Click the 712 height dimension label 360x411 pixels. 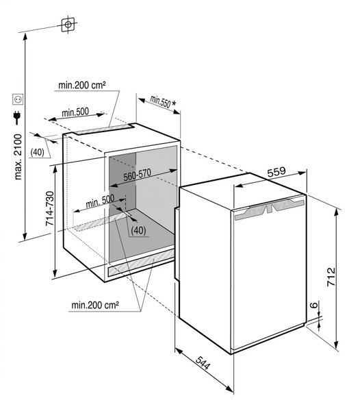pyautogui.click(x=331, y=277)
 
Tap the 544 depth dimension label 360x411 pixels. pyautogui.click(x=203, y=363)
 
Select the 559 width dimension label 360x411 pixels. pyautogui.click(x=277, y=172)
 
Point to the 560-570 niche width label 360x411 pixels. pyautogui.click(x=137, y=175)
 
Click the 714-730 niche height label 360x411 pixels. pyautogui.click(x=49, y=208)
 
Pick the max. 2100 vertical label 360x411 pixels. pyautogui.click(x=18, y=157)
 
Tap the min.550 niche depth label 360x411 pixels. pyautogui.click(x=160, y=101)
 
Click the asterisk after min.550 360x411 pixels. pyautogui.click(x=174, y=103)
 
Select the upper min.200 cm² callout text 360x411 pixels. pyautogui.click(x=82, y=85)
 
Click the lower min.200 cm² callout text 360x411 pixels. pyautogui.click(x=95, y=305)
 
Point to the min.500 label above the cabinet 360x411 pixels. pyautogui.click(x=75, y=112)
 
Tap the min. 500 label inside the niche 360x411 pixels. pyautogui.click(x=100, y=201)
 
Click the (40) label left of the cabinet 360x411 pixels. pyautogui.click(x=37, y=152)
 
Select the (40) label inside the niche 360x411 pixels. pyautogui.click(x=138, y=230)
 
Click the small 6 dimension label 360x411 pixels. pyautogui.click(x=313, y=305)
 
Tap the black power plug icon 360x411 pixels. pyautogui.click(x=17, y=117)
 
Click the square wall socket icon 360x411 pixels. pyautogui.click(x=18, y=99)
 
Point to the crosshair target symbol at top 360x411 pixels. pyautogui.click(x=68, y=25)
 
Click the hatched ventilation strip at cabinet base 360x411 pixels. pyautogui.click(x=142, y=262)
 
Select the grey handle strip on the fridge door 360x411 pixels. pyautogui.click(x=270, y=209)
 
